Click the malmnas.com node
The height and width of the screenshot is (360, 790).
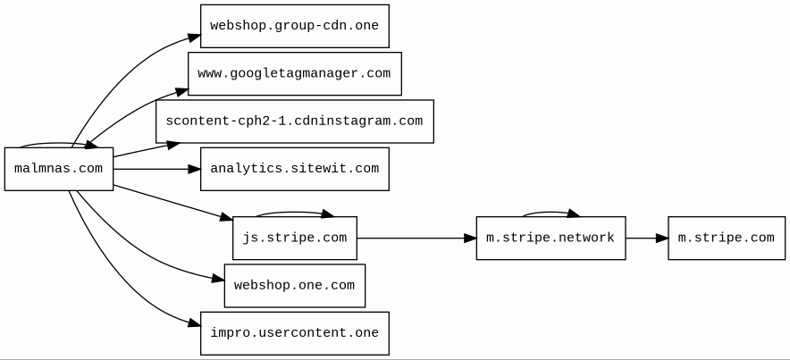coord(59,169)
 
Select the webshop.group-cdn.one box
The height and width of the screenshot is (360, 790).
coord(294,26)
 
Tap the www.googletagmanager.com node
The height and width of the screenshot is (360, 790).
coord(294,73)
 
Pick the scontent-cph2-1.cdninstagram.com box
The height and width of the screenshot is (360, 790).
coord(294,121)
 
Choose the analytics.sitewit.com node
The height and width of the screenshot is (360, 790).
coord(294,169)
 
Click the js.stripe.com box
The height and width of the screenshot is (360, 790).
coord(294,239)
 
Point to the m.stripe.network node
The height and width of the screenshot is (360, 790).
coord(550,239)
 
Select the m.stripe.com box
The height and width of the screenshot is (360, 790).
coord(726,239)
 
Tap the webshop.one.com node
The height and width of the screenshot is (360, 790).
coord(294,286)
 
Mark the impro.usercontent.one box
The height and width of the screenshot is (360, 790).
coord(294,333)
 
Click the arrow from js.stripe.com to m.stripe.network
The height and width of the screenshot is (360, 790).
coord(416,239)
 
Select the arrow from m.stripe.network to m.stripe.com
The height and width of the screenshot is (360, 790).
coord(646,239)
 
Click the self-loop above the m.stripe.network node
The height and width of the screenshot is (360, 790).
coord(550,213)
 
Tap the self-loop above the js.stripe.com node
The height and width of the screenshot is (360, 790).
coord(294,213)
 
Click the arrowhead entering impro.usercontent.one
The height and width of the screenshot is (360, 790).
coord(194,323)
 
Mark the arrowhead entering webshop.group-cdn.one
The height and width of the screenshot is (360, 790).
coord(194,38)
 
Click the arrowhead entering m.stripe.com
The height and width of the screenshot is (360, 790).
coord(661,239)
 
